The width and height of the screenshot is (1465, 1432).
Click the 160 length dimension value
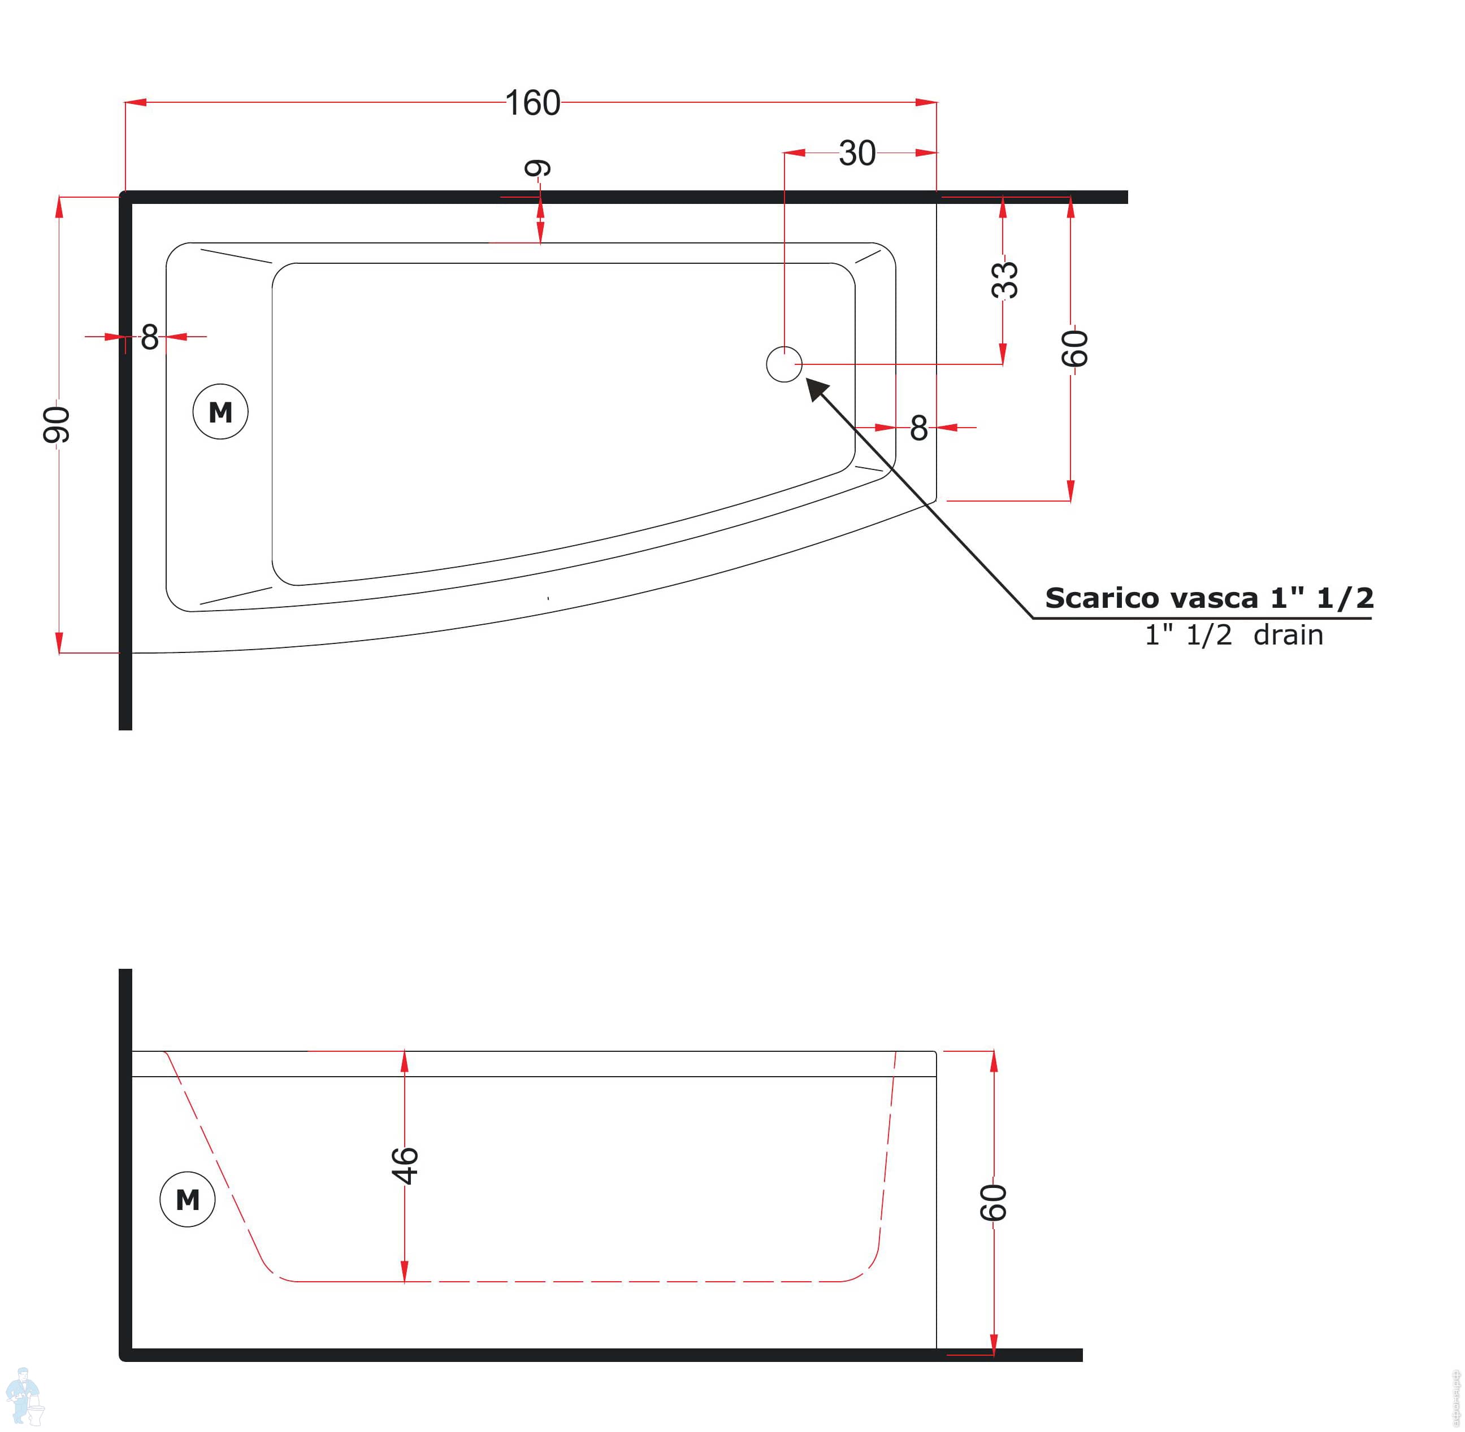[x=533, y=103]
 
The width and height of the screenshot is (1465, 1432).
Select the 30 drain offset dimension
[x=857, y=154]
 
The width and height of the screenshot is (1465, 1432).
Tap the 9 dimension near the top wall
[x=538, y=168]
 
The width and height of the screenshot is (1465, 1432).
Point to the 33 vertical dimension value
[x=1004, y=280]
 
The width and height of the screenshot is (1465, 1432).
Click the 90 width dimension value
[x=57, y=425]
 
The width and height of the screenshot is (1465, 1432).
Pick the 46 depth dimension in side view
[x=405, y=1166]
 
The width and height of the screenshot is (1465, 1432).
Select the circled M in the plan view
[x=220, y=411]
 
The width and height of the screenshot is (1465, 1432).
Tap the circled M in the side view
[x=187, y=1199]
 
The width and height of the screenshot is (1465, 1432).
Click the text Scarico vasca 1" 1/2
[x=1209, y=598]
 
